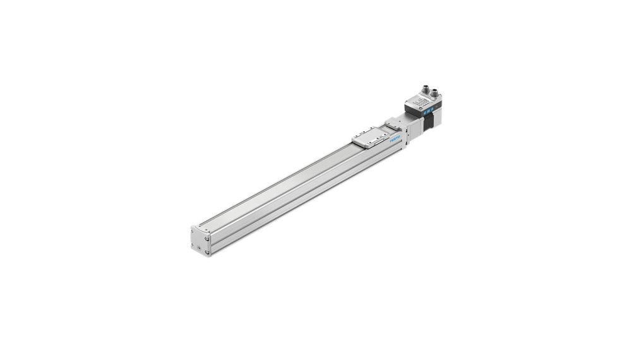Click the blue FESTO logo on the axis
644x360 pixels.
pyautogui.click(x=395, y=138)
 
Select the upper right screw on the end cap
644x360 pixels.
pyautogui.click(x=207, y=239)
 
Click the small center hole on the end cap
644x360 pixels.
pyautogui.click(x=200, y=241)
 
